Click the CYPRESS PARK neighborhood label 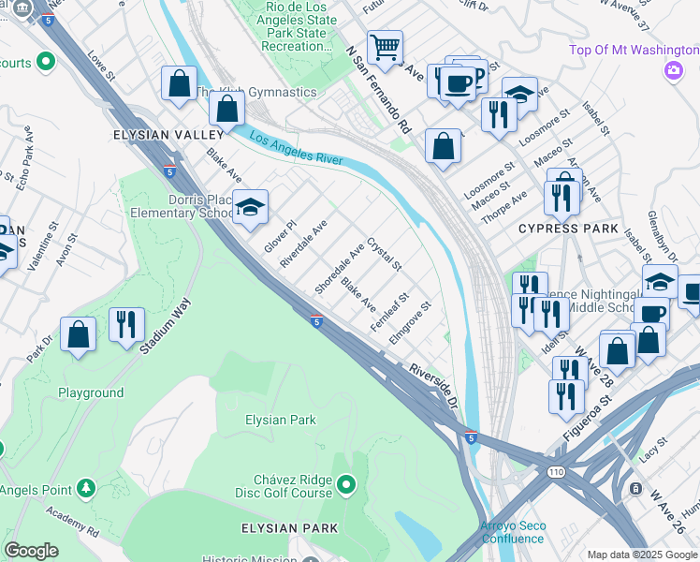pos(570,229)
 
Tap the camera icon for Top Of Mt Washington pos(673,69)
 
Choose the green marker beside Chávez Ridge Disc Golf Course pos(346,484)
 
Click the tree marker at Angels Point pos(85,488)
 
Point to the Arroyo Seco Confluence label pos(513,532)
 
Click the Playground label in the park pos(91,393)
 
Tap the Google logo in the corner pos(31,551)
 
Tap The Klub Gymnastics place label pos(255,92)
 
